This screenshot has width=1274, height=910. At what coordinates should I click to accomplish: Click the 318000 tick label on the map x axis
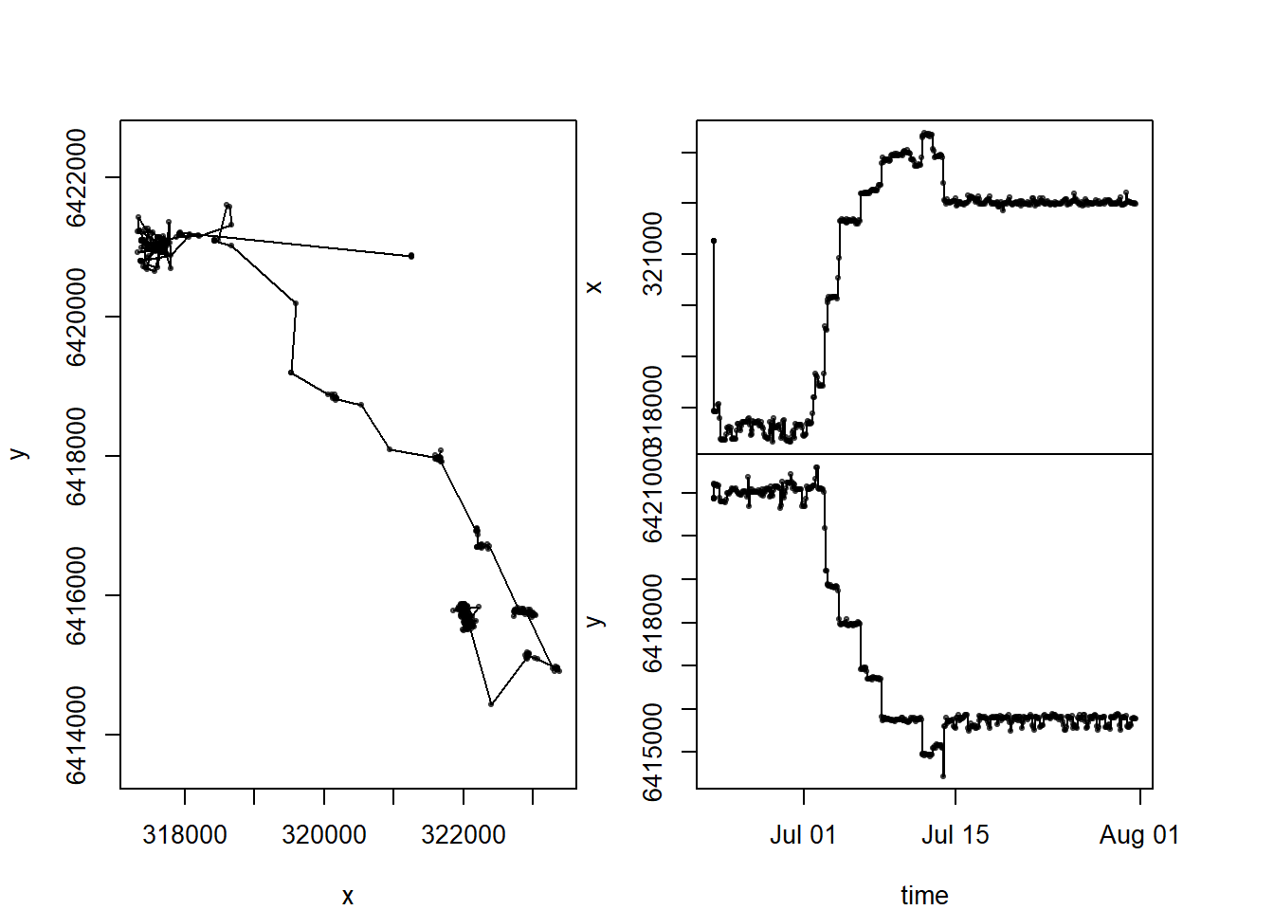point(185,835)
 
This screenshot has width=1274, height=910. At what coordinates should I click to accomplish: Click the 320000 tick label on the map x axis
point(324,835)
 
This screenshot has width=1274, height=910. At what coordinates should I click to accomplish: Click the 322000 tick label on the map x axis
point(464,835)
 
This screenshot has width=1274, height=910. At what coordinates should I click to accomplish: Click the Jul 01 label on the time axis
point(803,835)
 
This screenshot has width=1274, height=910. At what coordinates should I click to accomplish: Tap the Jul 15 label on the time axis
point(955,835)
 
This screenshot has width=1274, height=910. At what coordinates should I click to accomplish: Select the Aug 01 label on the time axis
point(1139,835)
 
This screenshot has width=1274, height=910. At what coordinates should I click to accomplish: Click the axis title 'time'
point(924,895)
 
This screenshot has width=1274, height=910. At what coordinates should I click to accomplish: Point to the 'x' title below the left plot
point(348,896)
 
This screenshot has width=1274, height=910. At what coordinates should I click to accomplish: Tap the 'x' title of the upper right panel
point(594,287)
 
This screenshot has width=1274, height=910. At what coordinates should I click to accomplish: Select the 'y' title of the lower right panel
point(594,621)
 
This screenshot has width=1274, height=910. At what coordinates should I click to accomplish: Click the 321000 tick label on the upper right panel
point(653,253)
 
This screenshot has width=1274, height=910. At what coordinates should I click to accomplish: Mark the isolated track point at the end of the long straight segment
point(411,256)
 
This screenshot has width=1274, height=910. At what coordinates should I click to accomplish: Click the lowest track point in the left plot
point(491,704)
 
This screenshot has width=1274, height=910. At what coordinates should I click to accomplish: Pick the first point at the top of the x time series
point(714,241)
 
